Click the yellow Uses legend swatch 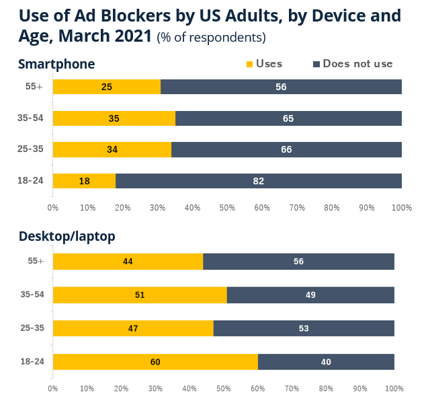coord(250,65)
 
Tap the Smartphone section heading coord(56,64)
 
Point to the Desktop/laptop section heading coord(67,236)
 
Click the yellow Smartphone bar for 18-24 coord(84,181)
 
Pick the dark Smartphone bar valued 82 coord(259,181)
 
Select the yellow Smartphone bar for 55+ coord(107,87)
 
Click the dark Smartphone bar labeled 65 coord(288,118)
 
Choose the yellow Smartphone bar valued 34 coord(112,149)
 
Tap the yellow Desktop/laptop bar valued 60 coord(155,362)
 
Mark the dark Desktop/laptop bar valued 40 coord(326,362)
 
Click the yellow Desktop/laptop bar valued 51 coord(140,295)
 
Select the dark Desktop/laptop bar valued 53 coord(304,328)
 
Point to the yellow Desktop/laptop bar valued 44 coord(128,261)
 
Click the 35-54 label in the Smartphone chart coord(30,118)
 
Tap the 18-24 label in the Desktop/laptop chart coord(32,362)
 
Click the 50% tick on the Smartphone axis coord(227,208)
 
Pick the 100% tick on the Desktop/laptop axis coord(394,388)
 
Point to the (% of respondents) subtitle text coord(211,37)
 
